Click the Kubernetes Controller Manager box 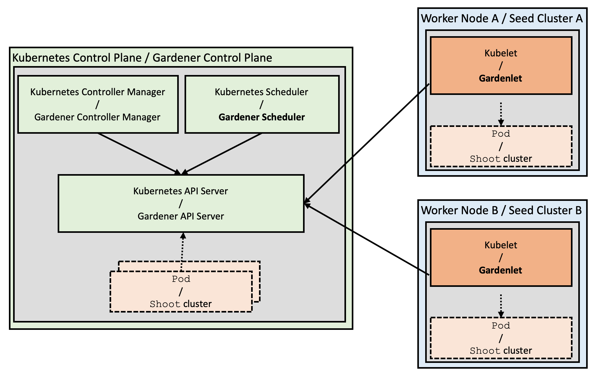click(x=98, y=104)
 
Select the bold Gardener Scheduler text click(x=262, y=117)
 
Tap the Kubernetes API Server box click(x=181, y=203)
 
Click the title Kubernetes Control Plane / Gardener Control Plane click(x=142, y=58)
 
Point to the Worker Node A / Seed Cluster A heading click(x=502, y=19)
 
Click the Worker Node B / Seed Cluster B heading click(x=501, y=211)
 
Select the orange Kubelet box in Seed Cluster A click(x=501, y=66)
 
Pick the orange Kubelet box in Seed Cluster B click(x=501, y=257)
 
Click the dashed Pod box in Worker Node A click(x=501, y=146)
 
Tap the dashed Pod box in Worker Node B click(x=501, y=338)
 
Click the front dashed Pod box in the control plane click(x=181, y=292)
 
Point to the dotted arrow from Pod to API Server click(x=182, y=252)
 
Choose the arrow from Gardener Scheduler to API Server click(x=223, y=153)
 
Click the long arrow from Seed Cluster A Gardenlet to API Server click(x=367, y=143)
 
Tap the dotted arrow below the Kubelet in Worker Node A click(x=501, y=113)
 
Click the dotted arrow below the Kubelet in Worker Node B click(x=501, y=305)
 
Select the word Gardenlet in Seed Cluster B click(x=500, y=270)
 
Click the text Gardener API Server click(x=181, y=216)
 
